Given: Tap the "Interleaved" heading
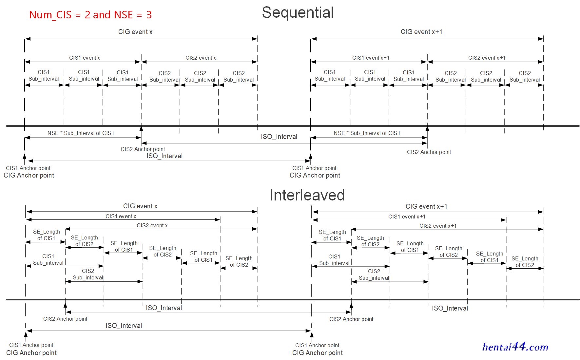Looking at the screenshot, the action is click(307, 195).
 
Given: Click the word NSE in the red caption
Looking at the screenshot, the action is click(123, 15).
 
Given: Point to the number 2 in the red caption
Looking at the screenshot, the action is click(87, 15).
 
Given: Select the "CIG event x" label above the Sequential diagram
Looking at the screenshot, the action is click(135, 32).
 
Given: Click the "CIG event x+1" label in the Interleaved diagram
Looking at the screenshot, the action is click(426, 206).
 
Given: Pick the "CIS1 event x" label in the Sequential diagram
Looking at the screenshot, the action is click(85, 58).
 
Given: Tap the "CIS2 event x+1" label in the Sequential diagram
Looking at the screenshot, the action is click(487, 58).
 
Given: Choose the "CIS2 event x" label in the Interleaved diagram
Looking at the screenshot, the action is click(152, 225).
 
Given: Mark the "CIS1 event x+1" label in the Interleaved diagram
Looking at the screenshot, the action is click(407, 217).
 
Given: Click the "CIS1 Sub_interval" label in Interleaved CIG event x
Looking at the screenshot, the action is click(48, 259).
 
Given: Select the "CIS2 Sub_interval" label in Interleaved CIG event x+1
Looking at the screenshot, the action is click(374, 275).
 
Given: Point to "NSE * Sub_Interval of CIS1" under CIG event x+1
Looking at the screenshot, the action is click(367, 133).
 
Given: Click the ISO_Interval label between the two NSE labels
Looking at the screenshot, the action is click(279, 137).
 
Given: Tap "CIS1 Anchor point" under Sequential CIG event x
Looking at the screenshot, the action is click(28, 168).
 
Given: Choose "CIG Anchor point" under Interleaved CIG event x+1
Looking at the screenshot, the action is click(318, 353).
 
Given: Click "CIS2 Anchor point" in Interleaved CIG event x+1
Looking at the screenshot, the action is click(351, 319).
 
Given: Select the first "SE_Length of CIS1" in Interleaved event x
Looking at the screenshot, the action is click(46, 235).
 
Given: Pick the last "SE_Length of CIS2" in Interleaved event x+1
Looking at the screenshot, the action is click(525, 262).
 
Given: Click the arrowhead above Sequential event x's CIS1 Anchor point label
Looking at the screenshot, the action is click(25, 157).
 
